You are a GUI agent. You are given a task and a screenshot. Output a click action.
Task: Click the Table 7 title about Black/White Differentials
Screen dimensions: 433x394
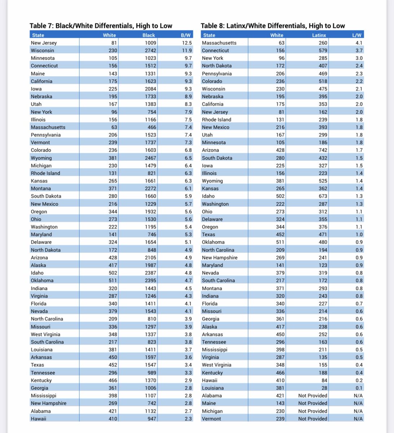tap(101, 26)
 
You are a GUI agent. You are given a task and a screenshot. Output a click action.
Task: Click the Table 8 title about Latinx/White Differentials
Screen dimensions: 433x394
tap(273, 26)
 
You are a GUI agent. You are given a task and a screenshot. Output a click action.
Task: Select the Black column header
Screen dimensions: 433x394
tap(148, 35)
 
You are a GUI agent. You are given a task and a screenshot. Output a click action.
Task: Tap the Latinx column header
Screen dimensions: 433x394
tap(319, 35)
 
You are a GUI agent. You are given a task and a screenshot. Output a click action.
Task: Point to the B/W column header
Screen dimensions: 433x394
tap(185, 35)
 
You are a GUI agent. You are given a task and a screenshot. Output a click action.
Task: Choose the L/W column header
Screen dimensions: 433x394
tap(357, 35)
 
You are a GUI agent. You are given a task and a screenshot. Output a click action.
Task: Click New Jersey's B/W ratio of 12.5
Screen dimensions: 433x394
tap(187, 43)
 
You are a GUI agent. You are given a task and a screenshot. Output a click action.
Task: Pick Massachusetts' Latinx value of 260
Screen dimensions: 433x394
tap(323, 43)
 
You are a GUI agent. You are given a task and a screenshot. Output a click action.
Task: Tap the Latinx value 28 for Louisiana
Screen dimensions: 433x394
tap(324, 388)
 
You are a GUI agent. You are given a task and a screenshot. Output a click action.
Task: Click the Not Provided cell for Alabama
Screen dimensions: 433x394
tap(312, 395)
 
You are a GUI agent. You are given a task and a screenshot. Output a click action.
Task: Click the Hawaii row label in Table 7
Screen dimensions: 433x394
tap(38, 419)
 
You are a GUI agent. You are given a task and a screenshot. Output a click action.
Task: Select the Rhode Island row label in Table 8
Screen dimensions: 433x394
tap(216, 119)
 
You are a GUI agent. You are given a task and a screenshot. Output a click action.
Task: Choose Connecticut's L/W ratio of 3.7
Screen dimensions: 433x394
tap(359, 51)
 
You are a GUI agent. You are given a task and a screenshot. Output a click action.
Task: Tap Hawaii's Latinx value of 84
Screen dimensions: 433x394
tap(324, 380)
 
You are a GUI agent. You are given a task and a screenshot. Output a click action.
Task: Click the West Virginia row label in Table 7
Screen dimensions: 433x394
tap(45, 334)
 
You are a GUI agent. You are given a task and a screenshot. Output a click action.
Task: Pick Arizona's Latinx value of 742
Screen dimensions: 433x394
tap(323, 150)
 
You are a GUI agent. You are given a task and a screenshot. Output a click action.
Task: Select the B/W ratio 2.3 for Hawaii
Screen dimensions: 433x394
tap(188, 419)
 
